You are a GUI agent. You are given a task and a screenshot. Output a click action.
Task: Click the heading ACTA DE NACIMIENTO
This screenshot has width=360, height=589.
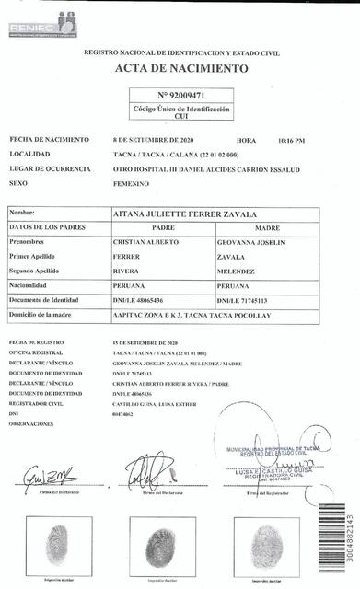point(181,69)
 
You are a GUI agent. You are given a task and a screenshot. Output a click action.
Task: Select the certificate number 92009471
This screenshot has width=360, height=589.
point(180,95)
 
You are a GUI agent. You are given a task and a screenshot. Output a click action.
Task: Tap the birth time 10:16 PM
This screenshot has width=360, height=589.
point(290,141)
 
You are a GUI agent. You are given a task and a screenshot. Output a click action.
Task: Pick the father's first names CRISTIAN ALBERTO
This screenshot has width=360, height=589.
point(144,241)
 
